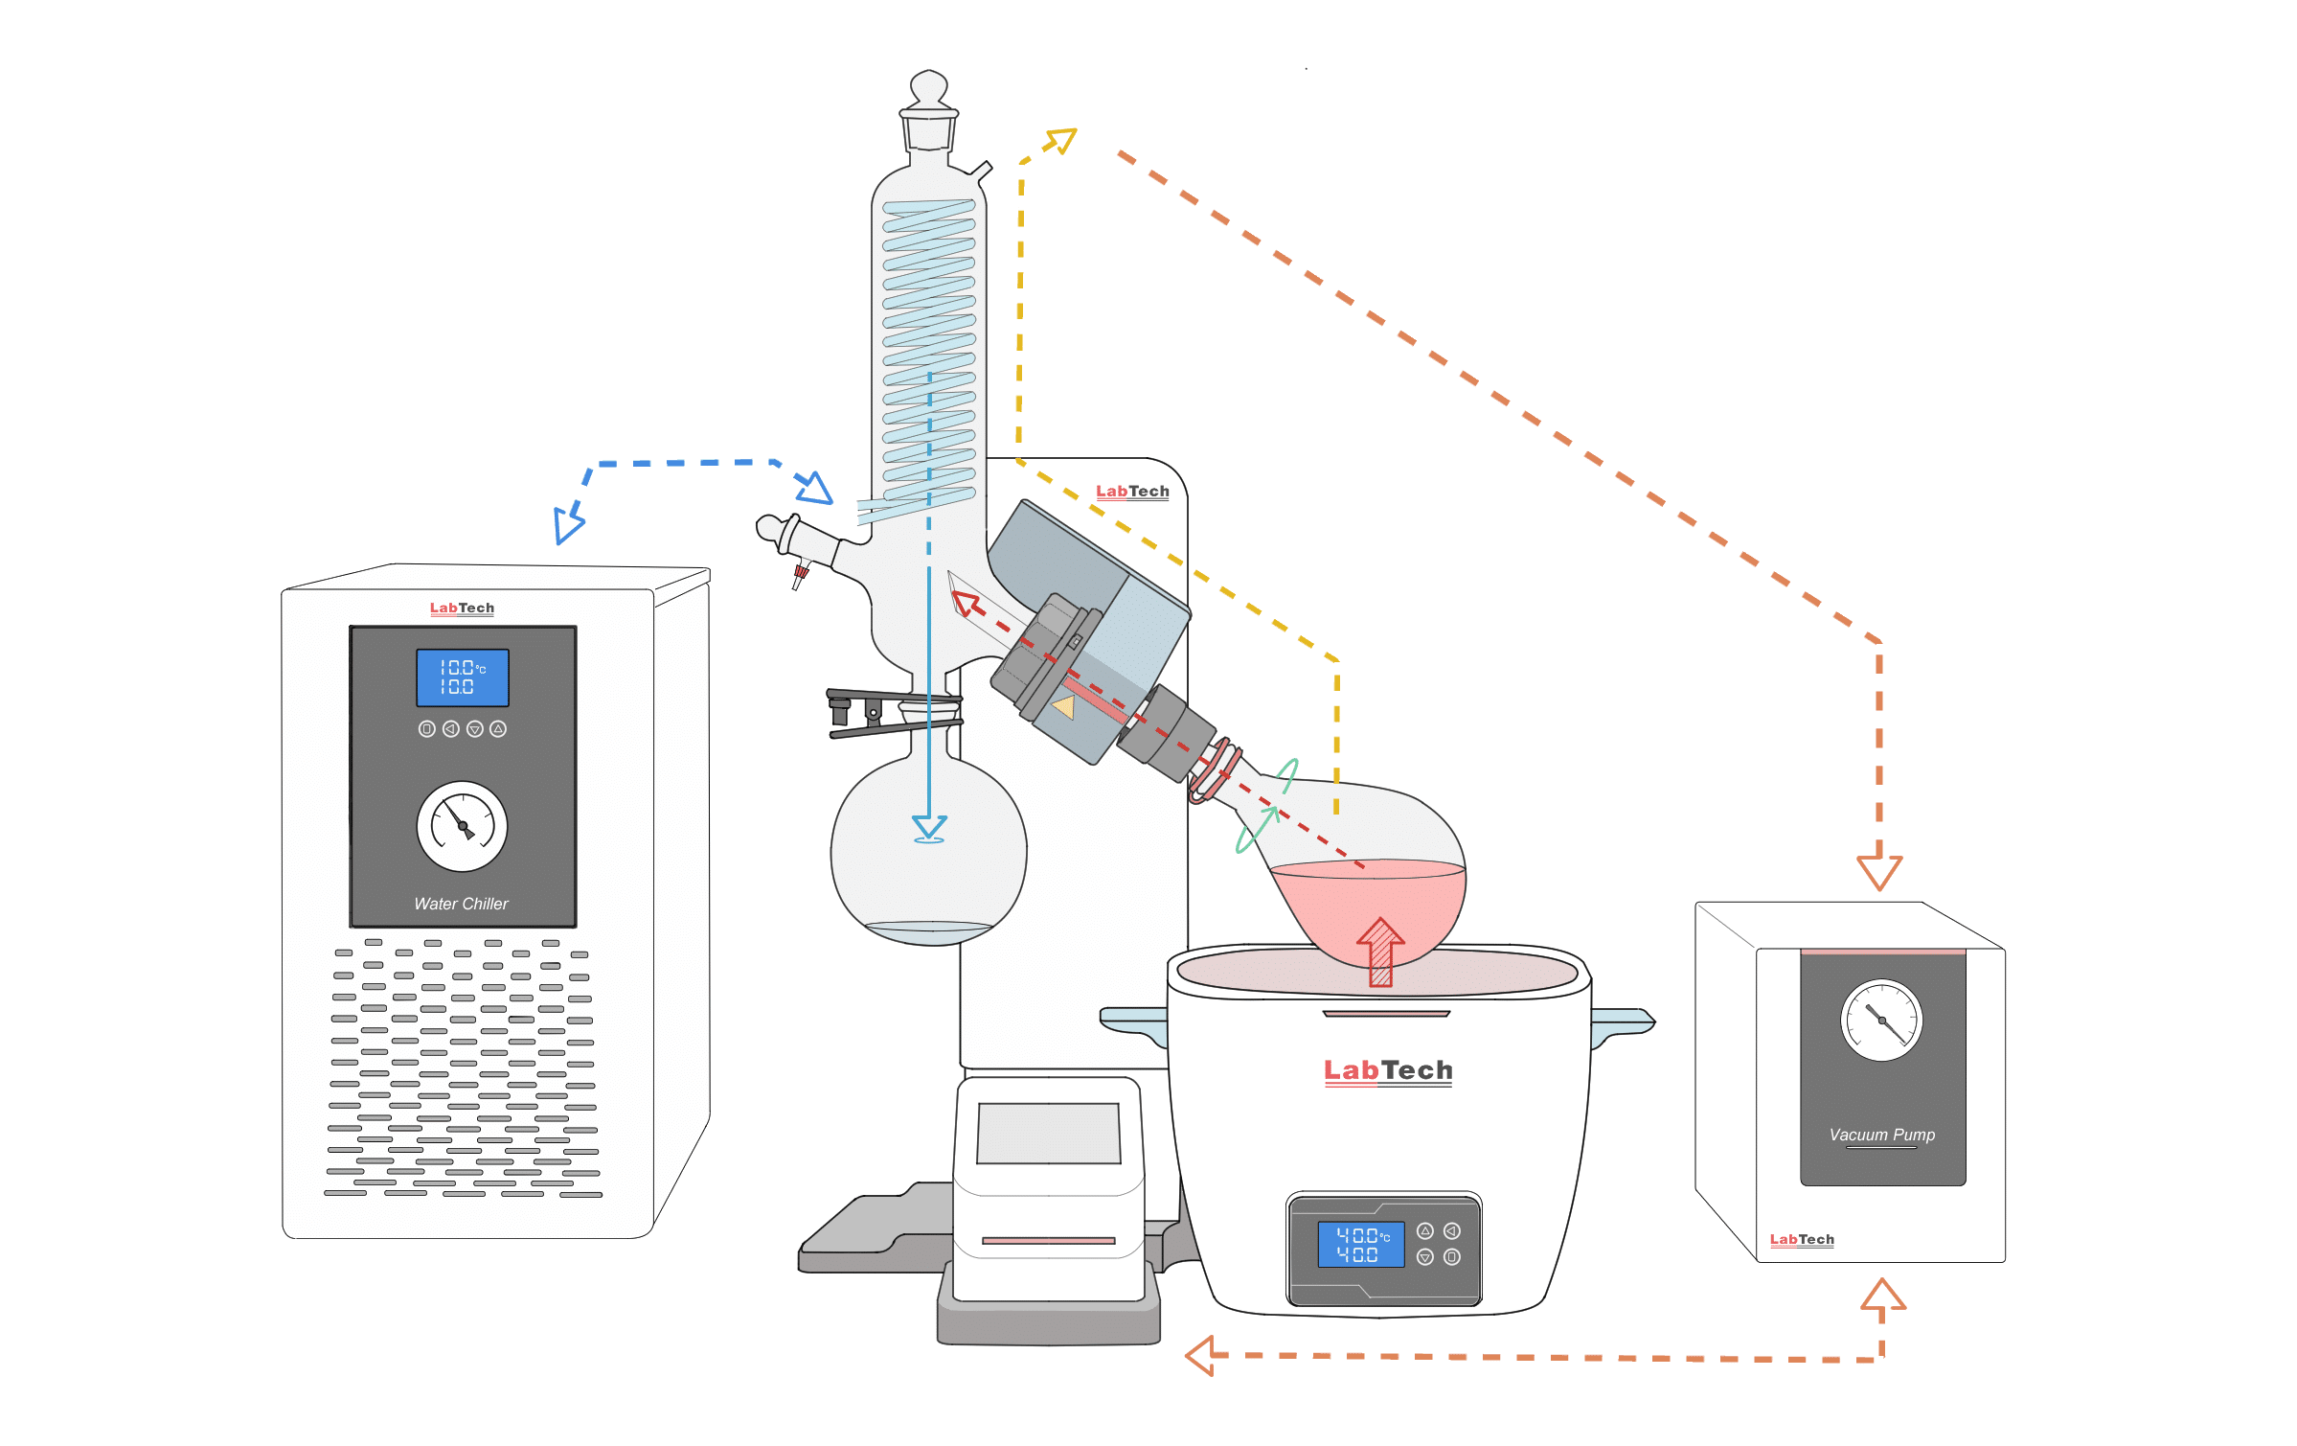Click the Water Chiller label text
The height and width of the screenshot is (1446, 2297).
[x=461, y=904]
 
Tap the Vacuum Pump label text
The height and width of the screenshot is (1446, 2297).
[x=1881, y=1135]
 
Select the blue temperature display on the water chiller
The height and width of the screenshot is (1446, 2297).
[x=462, y=677]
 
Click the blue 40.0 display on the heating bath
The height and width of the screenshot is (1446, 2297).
[x=1360, y=1244]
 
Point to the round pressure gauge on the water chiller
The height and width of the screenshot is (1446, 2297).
[x=462, y=826]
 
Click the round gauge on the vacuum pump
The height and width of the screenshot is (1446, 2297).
[x=1881, y=1021]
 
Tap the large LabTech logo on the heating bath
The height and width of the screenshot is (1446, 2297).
[x=1387, y=1070]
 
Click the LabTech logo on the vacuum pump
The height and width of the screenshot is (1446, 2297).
[x=1801, y=1239]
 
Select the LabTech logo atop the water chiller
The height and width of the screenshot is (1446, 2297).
[x=462, y=608]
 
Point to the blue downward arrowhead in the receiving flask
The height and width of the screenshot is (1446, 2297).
[x=929, y=827]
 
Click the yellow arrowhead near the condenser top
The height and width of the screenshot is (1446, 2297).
[x=1061, y=141]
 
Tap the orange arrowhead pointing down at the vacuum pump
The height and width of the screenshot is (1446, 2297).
[x=1878, y=870]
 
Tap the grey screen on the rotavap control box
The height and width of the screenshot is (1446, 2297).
[x=1048, y=1133]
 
